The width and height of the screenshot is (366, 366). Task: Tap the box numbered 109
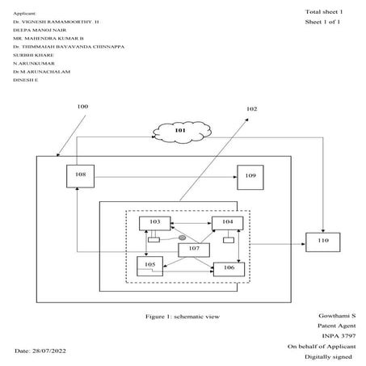(x=250, y=175)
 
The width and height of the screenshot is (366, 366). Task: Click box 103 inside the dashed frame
(x=154, y=222)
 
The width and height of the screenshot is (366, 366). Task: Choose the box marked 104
(x=227, y=222)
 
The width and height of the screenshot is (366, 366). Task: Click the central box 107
(x=193, y=250)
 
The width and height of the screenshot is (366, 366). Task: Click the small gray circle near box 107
(x=183, y=238)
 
